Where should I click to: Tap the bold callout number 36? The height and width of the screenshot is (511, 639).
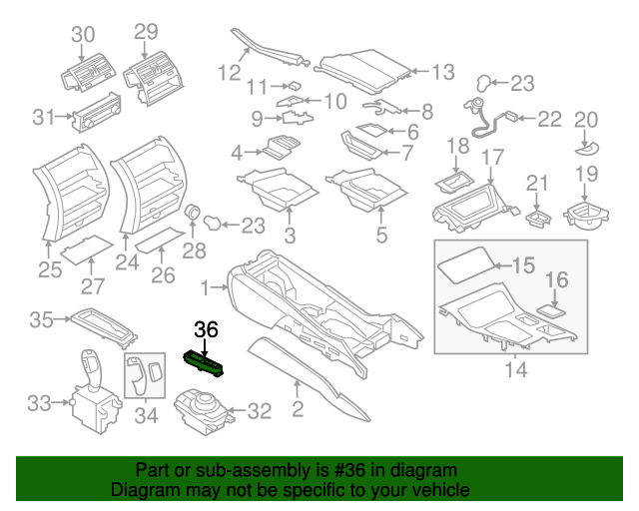[x=206, y=329]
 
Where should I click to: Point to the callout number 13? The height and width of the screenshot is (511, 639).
[x=442, y=72]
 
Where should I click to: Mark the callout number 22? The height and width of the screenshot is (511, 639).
[x=550, y=120]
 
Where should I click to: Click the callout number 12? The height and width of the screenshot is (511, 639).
[x=231, y=72]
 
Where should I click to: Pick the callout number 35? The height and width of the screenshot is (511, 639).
[x=41, y=320]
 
